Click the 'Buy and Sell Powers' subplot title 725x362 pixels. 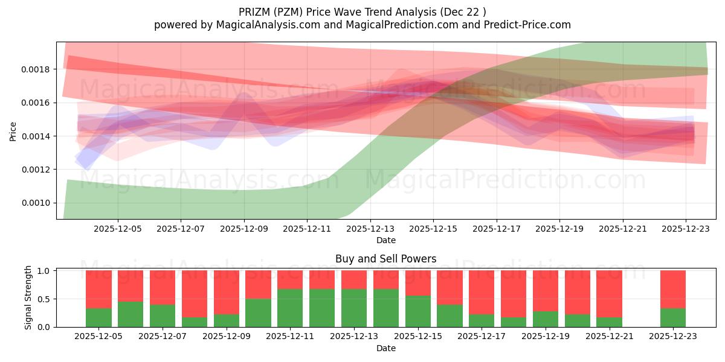pyautogui.click(x=385, y=259)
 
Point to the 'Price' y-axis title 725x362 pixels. pyautogui.click(x=13, y=130)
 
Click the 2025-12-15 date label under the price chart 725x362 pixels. pyautogui.click(x=433, y=229)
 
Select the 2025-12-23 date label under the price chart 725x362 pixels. pyautogui.click(x=685, y=229)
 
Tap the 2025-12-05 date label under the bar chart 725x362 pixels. pyautogui.click(x=98, y=337)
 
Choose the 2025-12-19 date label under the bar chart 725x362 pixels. pyautogui.click(x=546, y=337)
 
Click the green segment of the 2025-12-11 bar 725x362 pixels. pyautogui.click(x=290, y=308)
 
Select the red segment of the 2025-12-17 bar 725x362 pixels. pyautogui.click(x=482, y=292)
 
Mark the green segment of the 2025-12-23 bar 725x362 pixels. pyautogui.click(x=673, y=318)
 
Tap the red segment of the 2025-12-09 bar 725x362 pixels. pyautogui.click(x=227, y=292)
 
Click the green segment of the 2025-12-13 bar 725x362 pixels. pyautogui.click(x=354, y=308)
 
